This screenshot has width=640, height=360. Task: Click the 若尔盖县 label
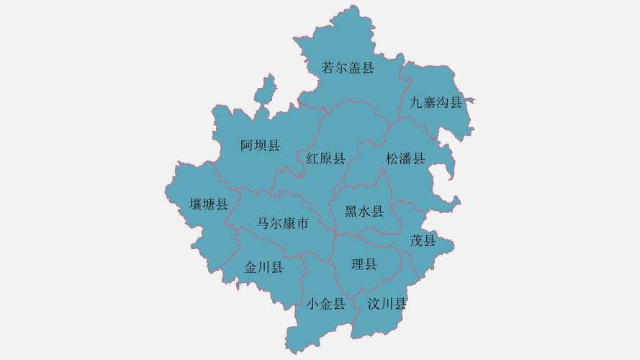[x=348, y=68]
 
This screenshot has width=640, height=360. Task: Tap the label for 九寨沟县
[x=436, y=102]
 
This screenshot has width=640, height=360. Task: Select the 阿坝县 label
[x=260, y=146]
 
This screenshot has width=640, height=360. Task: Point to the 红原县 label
[x=325, y=158]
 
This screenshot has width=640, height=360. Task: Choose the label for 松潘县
[x=405, y=158]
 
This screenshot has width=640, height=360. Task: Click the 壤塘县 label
[x=209, y=204]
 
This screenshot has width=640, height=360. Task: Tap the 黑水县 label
[x=364, y=212]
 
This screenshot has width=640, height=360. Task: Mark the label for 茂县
[x=423, y=240]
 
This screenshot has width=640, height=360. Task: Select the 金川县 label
[x=263, y=268]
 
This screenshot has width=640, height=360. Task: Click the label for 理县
[x=364, y=264]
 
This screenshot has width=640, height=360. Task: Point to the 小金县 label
[x=325, y=304]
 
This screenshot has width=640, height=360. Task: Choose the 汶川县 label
[x=387, y=304]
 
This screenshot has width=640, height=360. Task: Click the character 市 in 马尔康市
[x=302, y=224]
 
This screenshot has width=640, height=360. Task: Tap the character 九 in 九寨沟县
[x=416, y=102]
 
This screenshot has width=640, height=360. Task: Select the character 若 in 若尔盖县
[x=328, y=68]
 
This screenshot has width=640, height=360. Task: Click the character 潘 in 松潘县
[x=405, y=158]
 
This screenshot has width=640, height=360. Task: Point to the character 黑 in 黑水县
[x=351, y=212]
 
